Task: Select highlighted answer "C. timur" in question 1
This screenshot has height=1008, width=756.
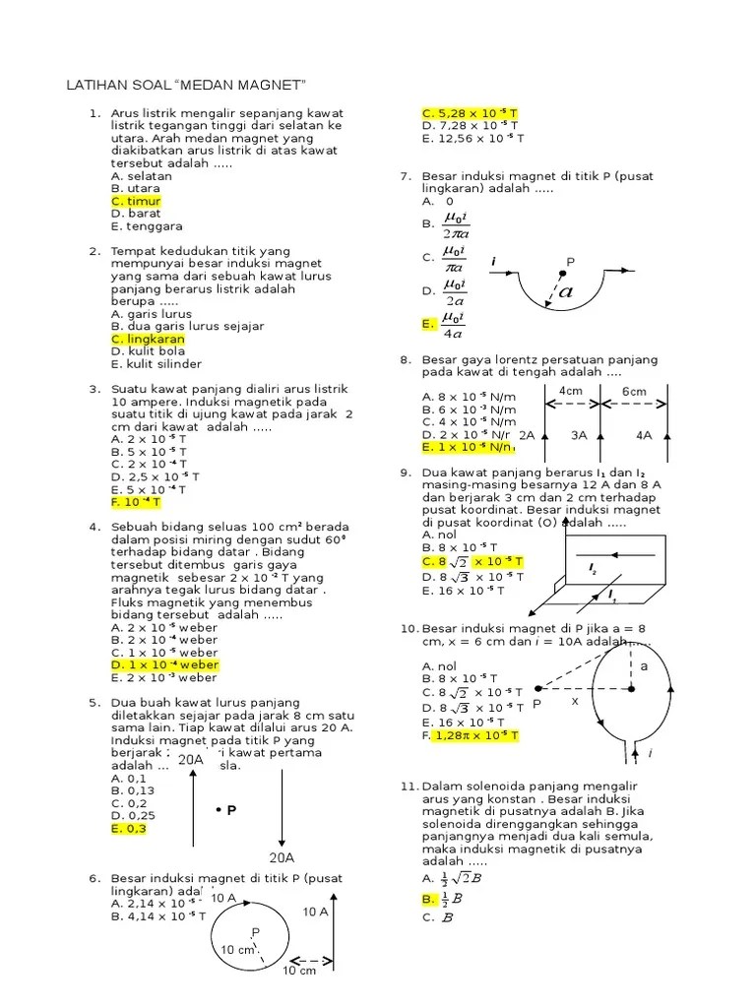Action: point(136,201)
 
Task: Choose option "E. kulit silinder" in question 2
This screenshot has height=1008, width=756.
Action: point(157,363)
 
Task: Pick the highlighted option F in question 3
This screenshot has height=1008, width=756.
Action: point(136,502)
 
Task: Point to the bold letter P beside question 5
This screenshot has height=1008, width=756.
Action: point(227,810)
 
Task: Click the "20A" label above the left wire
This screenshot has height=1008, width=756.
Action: point(190,759)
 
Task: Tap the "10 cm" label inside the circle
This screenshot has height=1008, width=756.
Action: point(237,950)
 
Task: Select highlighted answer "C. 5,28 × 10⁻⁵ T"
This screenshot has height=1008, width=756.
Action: point(470,113)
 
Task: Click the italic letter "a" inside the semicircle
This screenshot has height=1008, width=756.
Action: point(566,291)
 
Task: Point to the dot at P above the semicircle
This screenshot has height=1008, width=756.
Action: point(564,275)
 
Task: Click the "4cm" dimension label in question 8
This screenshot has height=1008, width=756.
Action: point(572,392)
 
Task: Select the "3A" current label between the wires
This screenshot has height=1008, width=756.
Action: point(580,434)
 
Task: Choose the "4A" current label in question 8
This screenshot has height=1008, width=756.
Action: point(644,434)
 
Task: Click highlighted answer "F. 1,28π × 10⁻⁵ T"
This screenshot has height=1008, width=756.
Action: point(470,735)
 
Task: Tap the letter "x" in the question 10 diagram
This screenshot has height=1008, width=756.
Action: point(574,702)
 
